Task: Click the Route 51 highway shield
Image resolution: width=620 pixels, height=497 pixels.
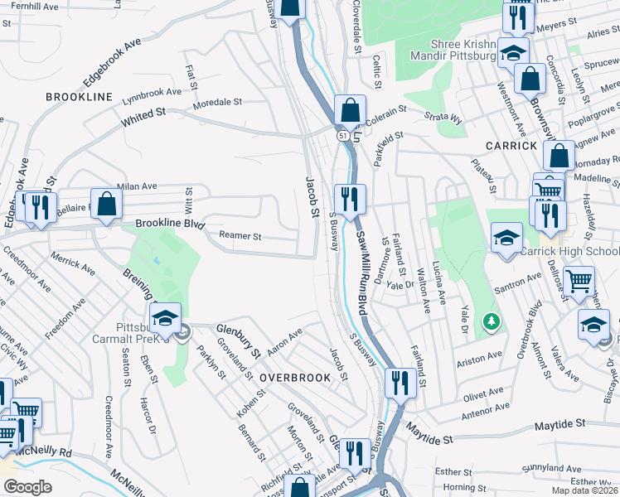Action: (x=342, y=133)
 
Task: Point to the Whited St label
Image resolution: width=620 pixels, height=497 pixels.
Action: (x=144, y=117)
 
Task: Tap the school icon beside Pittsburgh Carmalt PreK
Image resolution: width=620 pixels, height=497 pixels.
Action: (x=166, y=316)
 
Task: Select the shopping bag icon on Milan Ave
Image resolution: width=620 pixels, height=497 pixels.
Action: (x=107, y=204)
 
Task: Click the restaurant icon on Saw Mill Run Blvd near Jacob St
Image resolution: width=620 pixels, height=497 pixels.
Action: (x=349, y=199)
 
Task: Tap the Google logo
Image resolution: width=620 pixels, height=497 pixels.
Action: (x=27, y=487)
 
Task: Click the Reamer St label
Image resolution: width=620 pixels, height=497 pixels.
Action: (x=240, y=236)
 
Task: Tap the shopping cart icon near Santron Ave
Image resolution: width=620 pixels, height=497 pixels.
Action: (x=578, y=281)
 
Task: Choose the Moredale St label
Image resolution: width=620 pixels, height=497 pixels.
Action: (x=216, y=104)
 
